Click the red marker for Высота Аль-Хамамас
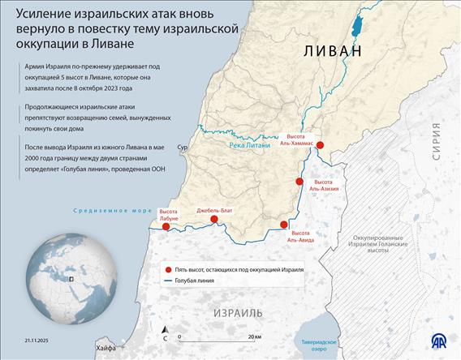(320, 145)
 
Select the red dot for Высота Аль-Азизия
(299, 182)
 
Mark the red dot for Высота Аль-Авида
(283, 225)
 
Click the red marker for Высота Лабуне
(166, 226)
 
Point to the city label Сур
(183, 148)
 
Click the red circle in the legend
(167, 269)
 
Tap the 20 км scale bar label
(254, 335)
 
